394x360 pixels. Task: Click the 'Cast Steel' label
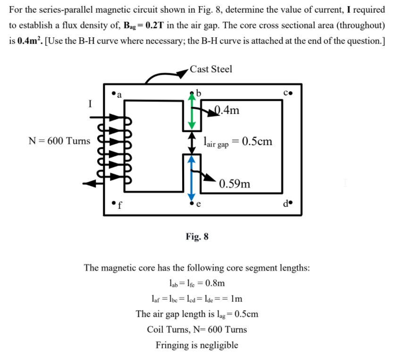(x=211, y=69)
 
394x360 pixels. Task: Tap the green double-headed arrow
(x=192, y=111)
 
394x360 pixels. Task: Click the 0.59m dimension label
(x=235, y=183)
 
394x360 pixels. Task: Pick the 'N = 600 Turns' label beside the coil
(x=59, y=141)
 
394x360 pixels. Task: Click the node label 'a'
(x=119, y=94)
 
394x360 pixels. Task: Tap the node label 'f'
(x=120, y=206)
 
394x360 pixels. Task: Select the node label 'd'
(x=286, y=205)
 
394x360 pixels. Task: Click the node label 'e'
(x=198, y=205)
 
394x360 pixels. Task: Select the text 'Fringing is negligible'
(x=197, y=345)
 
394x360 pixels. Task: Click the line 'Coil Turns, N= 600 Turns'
(x=197, y=329)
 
